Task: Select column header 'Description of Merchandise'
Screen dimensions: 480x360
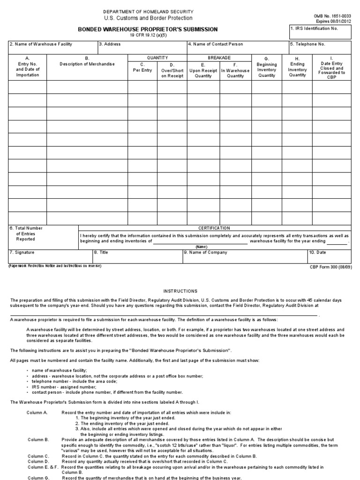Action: pyautogui.click(x=87, y=64)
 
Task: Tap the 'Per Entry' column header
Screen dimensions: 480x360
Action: pyautogui.click(x=143, y=67)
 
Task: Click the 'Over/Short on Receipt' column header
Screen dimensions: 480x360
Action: pyautogui.click(x=172, y=69)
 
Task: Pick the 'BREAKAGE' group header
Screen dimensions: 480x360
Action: pyautogui.click(x=219, y=57)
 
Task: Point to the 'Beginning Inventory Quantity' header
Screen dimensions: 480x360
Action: pyautogui.click(x=267, y=69)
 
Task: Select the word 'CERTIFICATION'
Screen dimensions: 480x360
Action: pyautogui.click(x=214, y=228)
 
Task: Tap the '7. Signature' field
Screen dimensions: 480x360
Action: pyautogui.click(x=50, y=256)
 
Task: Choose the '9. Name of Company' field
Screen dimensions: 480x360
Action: pyautogui.click(x=244, y=256)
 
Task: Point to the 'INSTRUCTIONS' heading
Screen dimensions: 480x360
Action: pyautogui.click(x=180, y=291)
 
